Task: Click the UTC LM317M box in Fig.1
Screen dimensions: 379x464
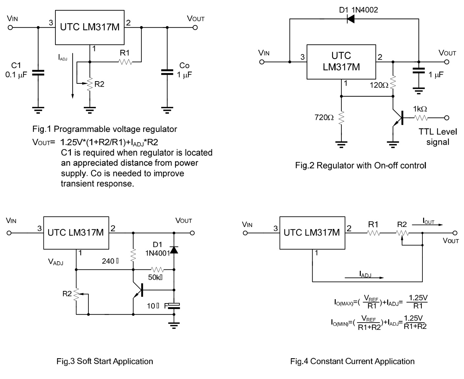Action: click(89, 27)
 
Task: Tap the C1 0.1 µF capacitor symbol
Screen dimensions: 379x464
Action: click(38, 73)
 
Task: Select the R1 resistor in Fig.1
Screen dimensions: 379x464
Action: click(125, 61)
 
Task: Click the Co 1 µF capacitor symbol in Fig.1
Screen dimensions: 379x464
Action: click(167, 72)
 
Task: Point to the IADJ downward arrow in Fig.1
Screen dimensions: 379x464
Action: click(72, 79)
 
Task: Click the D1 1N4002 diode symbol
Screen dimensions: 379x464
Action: click(351, 19)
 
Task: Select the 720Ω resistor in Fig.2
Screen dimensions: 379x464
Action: click(341, 117)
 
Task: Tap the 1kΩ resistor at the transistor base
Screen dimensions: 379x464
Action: click(420, 118)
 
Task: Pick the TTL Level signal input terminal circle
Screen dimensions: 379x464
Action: click(447, 118)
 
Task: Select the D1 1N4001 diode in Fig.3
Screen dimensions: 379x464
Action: click(174, 250)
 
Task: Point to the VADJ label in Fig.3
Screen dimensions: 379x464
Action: click(55, 262)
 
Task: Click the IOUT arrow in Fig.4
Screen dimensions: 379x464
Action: click(428, 225)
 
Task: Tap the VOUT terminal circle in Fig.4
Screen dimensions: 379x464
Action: click(455, 233)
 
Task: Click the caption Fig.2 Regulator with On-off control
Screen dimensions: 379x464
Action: click(360, 165)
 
